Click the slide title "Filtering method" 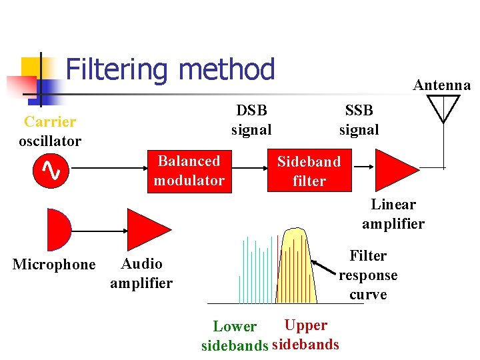click(x=170, y=69)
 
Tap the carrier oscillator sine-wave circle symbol click(x=51, y=172)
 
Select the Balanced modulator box click(x=189, y=171)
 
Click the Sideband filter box click(x=309, y=171)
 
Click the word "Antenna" click(x=441, y=85)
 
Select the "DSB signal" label click(x=251, y=120)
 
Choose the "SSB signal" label click(x=359, y=120)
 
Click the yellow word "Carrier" click(x=50, y=122)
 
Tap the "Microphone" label click(x=54, y=265)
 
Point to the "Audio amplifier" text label click(x=141, y=273)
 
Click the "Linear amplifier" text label click(x=393, y=214)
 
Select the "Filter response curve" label click(x=368, y=275)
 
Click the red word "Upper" click(x=305, y=325)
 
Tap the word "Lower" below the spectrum click(x=234, y=327)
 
